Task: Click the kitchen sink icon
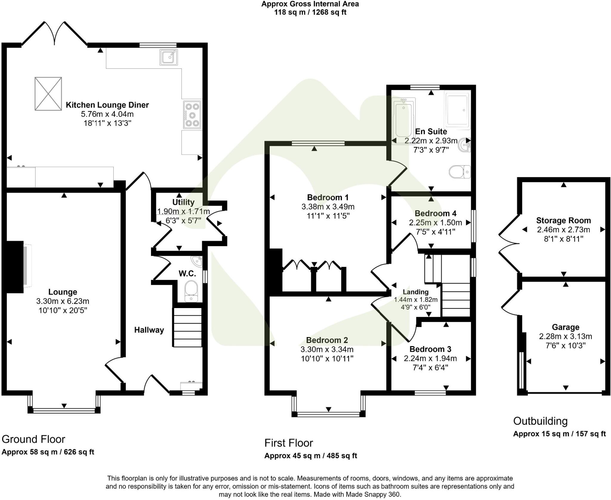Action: point(169,57)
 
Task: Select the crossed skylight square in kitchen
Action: point(48,94)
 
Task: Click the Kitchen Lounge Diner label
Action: point(107,105)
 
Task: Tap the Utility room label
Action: point(183,202)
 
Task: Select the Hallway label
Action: point(149,330)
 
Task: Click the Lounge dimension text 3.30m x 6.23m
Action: point(63,301)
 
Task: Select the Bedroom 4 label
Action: point(435,213)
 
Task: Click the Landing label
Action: point(416,292)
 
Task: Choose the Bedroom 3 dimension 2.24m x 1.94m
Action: point(430,358)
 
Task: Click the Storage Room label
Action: point(563,221)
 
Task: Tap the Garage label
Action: point(565,327)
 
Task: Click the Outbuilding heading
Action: point(540,421)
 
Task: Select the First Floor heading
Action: point(288,443)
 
